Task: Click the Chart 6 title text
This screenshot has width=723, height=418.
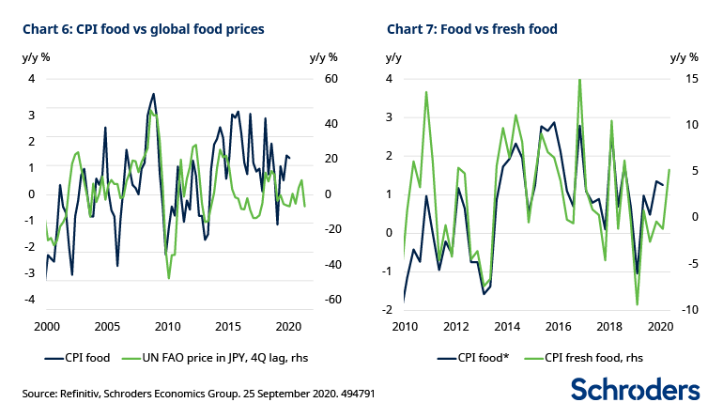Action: pos(143,29)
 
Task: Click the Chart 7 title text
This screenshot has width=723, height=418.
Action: pos(472,29)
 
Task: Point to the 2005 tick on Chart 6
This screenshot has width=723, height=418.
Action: pos(106,327)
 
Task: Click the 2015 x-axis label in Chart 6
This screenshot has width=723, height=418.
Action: pos(227,327)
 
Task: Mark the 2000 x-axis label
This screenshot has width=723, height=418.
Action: pos(46,327)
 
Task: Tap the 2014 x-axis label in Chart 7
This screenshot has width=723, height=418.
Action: pos(508,327)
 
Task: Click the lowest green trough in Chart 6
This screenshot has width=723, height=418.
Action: pos(169,278)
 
